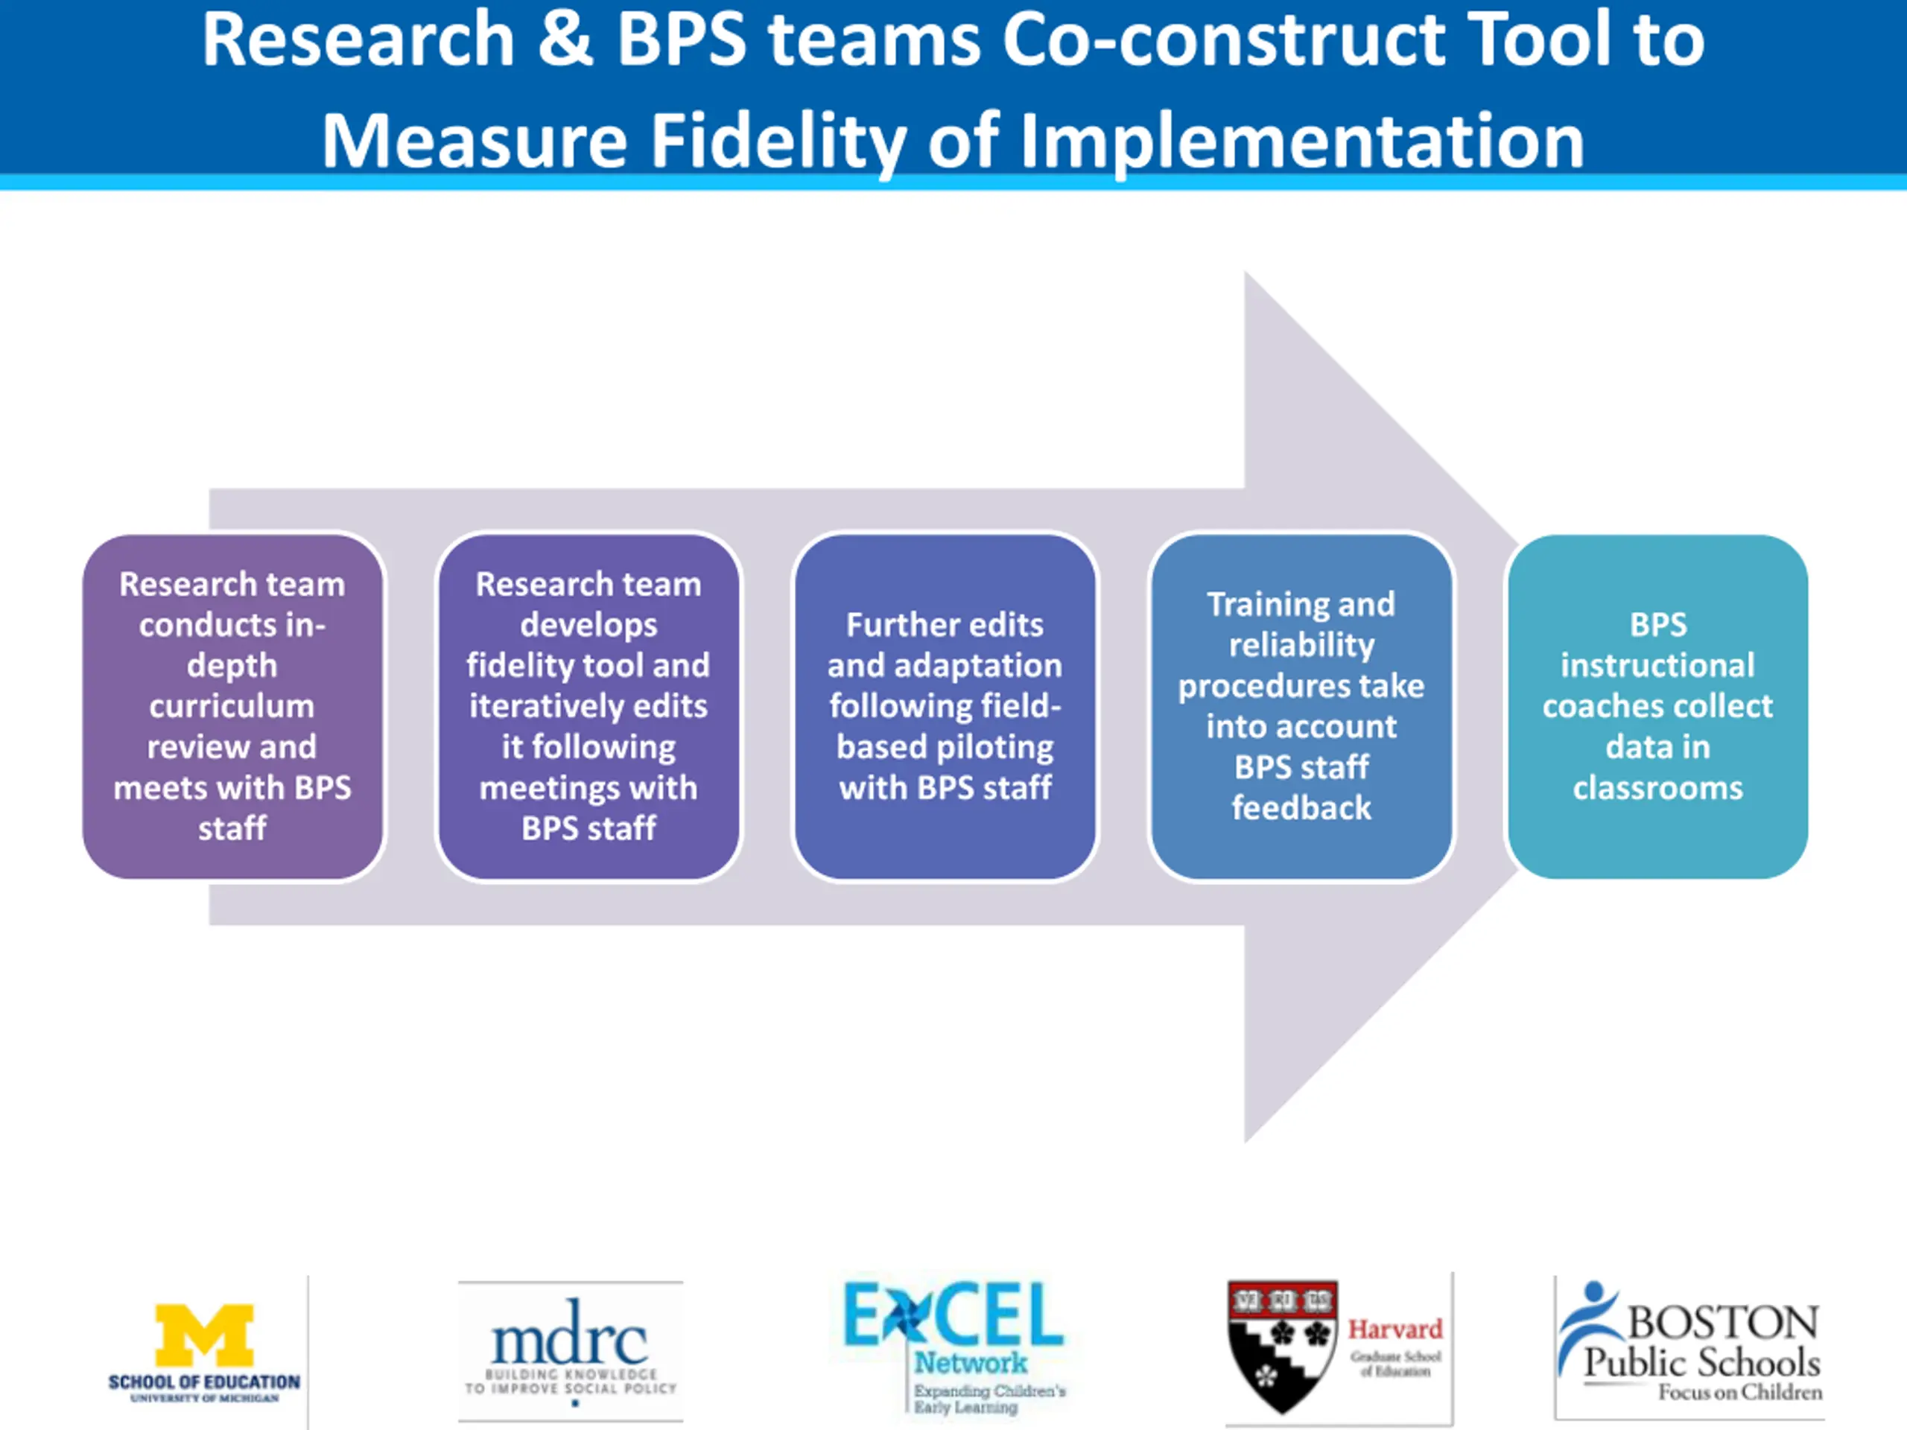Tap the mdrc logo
570,1348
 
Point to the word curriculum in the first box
232,706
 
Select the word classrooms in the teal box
1657,788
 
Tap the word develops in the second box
588,625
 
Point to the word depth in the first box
232,665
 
